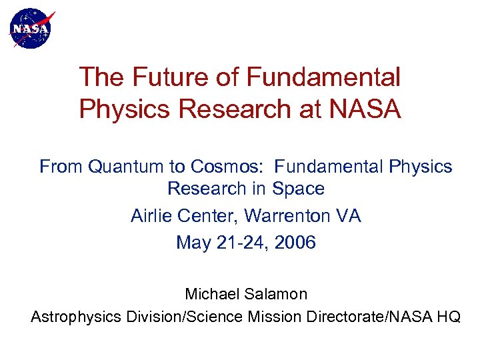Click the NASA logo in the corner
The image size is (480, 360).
tap(31, 29)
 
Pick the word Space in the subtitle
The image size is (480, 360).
tap(298, 189)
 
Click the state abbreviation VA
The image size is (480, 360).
tap(349, 216)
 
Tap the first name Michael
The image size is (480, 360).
tap(212, 294)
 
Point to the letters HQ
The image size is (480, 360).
tap(447, 317)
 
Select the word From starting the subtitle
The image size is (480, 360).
tap(61, 167)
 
